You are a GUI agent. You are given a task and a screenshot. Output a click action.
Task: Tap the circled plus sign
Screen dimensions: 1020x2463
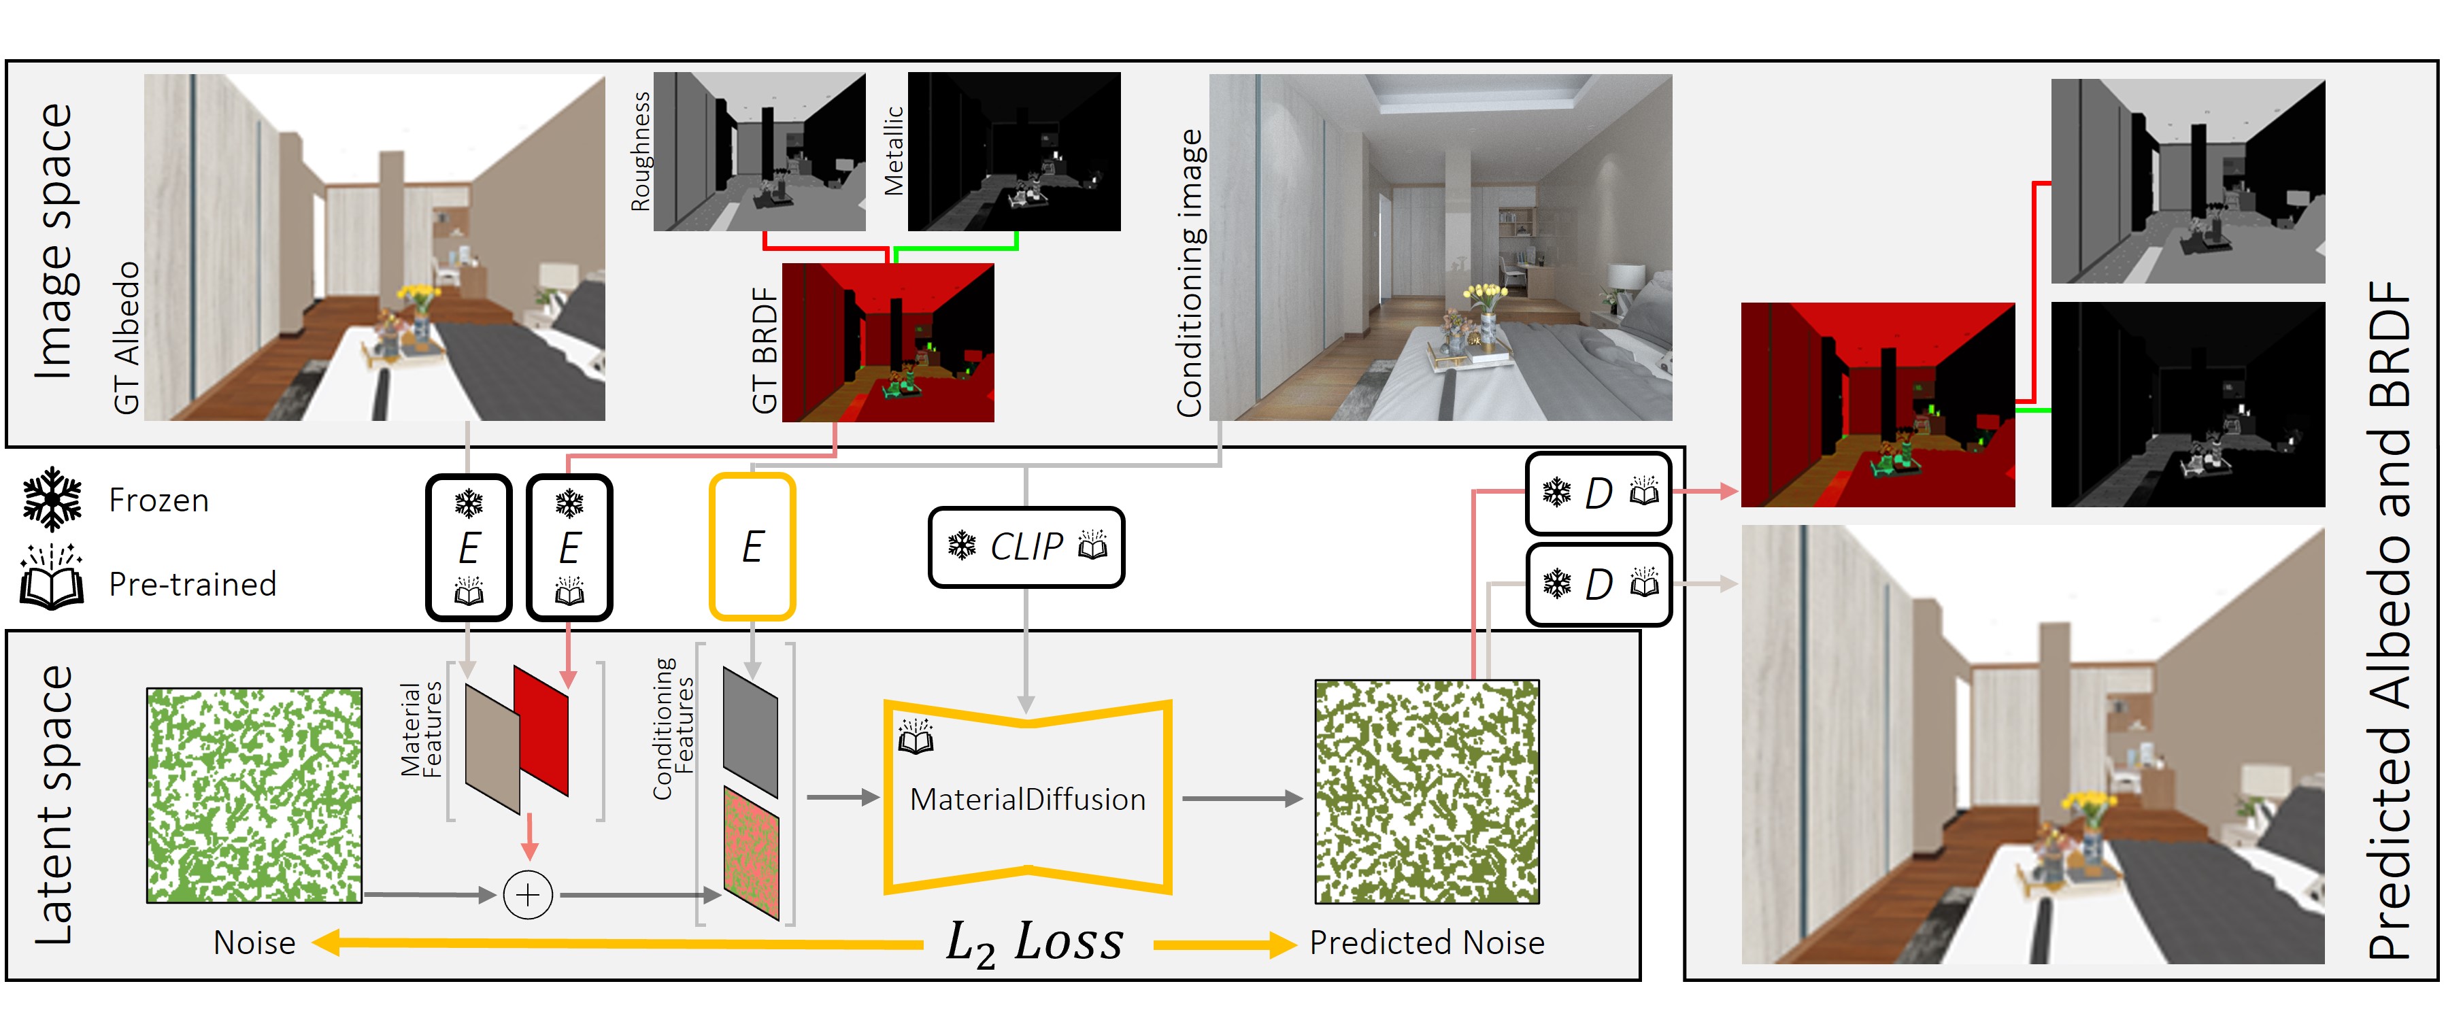point(528,896)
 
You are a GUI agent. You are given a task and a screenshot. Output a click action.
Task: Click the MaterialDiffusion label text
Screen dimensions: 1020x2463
point(1028,799)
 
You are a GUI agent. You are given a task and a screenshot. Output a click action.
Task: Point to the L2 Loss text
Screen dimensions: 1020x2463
point(1035,942)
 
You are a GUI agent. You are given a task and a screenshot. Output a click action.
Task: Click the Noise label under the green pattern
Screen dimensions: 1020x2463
point(254,942)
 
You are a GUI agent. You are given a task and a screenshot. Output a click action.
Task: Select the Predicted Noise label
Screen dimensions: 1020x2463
point(1426,942)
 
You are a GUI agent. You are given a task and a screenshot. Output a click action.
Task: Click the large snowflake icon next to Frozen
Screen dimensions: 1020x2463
point(52,499)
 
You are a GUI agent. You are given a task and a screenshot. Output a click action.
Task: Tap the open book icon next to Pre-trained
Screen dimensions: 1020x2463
point(52,579)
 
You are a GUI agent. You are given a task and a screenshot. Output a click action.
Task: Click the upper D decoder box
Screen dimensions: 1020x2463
point(1598,493)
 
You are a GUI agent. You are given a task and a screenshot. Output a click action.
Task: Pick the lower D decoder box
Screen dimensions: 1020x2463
point(1598,584)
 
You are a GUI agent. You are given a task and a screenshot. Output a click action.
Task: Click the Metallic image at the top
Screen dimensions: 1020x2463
point(1013,151)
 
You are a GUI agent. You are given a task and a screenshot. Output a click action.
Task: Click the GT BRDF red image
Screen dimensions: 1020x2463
point(888,342)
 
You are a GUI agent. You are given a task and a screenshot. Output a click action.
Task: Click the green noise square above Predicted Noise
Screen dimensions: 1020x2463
point(1426,792)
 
